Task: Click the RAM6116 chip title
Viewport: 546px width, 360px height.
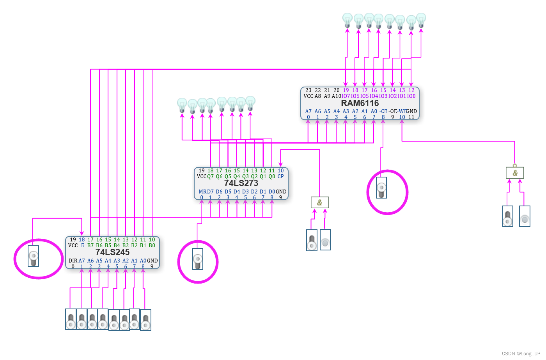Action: pos(360,103)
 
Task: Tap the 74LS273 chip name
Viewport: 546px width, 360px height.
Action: pos(241,183)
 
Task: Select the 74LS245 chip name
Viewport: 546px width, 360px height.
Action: pos(112,252)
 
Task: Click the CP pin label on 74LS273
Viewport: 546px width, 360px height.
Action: pos(280,176)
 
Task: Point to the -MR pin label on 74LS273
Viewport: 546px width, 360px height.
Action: pos(202,192)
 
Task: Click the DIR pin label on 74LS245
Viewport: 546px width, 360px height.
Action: pos(73,261)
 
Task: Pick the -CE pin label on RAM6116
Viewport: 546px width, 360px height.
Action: pos(383,111)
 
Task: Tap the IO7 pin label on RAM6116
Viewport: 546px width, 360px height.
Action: pos(346,96)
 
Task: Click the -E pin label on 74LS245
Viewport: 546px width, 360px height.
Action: pos(82,245)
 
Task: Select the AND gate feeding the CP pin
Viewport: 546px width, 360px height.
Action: pos(320,202)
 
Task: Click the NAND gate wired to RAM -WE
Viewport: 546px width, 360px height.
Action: pos(515,172)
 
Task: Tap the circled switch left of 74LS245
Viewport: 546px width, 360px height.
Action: pos(34,256)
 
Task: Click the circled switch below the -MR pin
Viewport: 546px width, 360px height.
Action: pos(198,259)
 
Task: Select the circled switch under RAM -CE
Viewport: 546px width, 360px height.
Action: pos(381,188)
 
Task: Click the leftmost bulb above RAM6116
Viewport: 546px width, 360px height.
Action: pos(347,20)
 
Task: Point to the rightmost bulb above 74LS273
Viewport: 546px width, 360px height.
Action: pos(250,104)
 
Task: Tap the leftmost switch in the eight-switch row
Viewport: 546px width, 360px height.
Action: pos(71,319)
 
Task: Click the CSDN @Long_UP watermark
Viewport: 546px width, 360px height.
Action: pos(521,353)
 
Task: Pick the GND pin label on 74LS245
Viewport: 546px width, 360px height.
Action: pos(152,261)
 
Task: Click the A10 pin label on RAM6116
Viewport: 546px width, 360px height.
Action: pos(336,96)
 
